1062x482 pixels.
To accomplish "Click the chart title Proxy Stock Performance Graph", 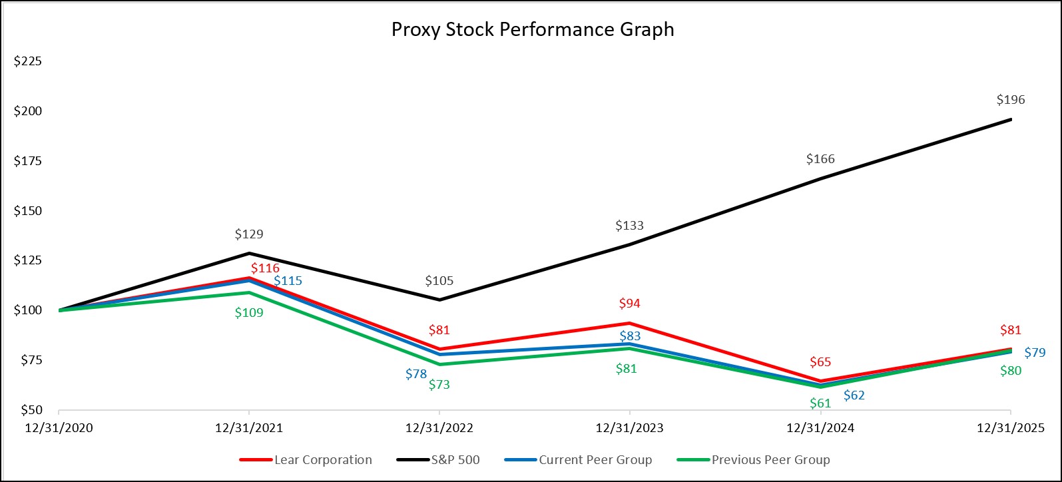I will tap(532, 30).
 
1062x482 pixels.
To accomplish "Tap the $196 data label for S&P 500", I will tap(1011, 100).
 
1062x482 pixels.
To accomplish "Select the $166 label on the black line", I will tap(820, 159).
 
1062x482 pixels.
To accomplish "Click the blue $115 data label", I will tap(288, 281).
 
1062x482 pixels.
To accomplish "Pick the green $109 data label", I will tap(249, 312).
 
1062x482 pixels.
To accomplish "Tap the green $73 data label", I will tap(439, 384).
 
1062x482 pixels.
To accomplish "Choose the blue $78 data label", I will tap(416, 374).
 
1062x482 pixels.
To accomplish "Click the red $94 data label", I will tap(629, 304).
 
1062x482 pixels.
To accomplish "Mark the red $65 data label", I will tap(820, 362).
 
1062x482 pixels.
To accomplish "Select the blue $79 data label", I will tap(1035, 353).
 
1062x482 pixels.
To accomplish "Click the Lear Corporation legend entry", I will tap(323, 460).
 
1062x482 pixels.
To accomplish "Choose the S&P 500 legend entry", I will tap(455, 460).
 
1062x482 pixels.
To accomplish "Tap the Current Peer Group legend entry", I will tap(595, 460).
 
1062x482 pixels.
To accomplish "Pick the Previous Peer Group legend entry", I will tap(770, 460).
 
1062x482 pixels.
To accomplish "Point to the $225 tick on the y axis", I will tap(28, 62).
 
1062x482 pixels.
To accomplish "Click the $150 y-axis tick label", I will tap(28, 211).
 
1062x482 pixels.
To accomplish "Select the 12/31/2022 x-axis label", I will tap(439, 428).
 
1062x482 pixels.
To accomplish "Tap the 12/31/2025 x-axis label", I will tap(1011, 428).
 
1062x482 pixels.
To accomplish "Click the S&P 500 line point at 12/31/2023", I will tap(630, 244).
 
